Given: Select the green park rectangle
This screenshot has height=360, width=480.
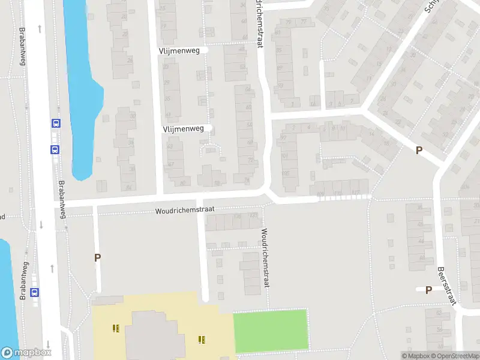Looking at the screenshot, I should click(270, 330).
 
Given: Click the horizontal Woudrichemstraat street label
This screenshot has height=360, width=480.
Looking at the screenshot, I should click(184, 211).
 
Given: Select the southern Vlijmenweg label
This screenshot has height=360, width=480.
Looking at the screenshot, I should click(187, 128).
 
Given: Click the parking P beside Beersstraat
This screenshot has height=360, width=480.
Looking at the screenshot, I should click(428, 290).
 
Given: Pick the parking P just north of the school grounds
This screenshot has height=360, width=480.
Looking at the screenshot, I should click(97, 257).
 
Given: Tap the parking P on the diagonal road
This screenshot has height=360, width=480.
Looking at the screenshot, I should click(419, 151).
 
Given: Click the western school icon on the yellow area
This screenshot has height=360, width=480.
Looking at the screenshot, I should click(115, 328).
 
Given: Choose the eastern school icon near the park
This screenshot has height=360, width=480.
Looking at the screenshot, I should click(202, 340).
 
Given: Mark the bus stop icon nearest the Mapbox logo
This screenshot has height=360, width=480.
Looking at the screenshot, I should click(35, 293).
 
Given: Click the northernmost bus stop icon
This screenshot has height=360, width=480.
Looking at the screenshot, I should click(56, 124).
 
